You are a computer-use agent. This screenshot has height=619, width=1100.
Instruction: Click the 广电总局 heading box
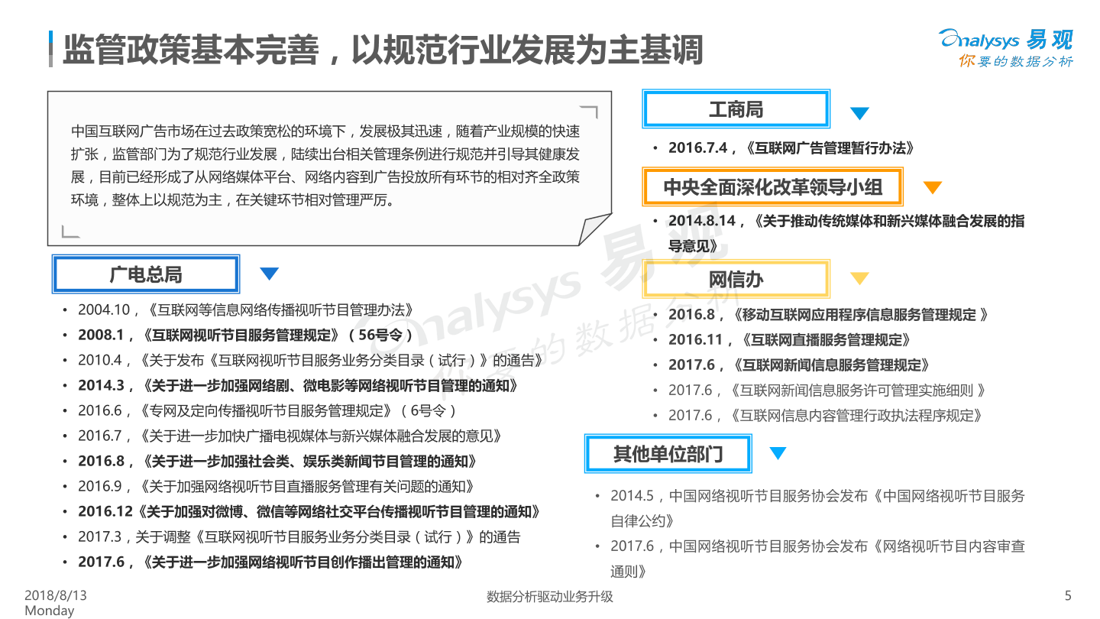[x=145, y=274]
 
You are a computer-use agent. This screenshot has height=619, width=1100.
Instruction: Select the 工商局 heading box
[x=736, y=109]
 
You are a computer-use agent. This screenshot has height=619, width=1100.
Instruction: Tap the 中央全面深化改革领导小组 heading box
[x=772, y=187]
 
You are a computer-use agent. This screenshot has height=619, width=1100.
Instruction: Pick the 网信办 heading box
[x=736, y=279]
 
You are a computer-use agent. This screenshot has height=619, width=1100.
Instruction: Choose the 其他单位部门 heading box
[x=668, y=454]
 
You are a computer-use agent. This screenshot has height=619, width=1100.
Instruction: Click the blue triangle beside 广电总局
[x=270, y=274]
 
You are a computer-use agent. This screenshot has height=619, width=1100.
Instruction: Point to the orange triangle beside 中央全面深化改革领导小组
[x=932, y=188]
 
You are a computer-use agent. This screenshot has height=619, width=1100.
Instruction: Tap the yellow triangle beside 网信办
[x=860, y=279]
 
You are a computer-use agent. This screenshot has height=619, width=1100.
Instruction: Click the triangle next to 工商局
[x=859, y=114]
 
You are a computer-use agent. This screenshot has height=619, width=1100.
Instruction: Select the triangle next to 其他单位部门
[x=778, y=453]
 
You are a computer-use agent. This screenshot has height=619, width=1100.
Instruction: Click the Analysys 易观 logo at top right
[x=1006, y=47]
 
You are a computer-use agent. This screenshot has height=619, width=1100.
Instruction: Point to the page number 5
[x=1068, y=596]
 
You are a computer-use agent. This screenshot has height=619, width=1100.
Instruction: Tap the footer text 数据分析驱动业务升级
[x=550, y=597]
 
